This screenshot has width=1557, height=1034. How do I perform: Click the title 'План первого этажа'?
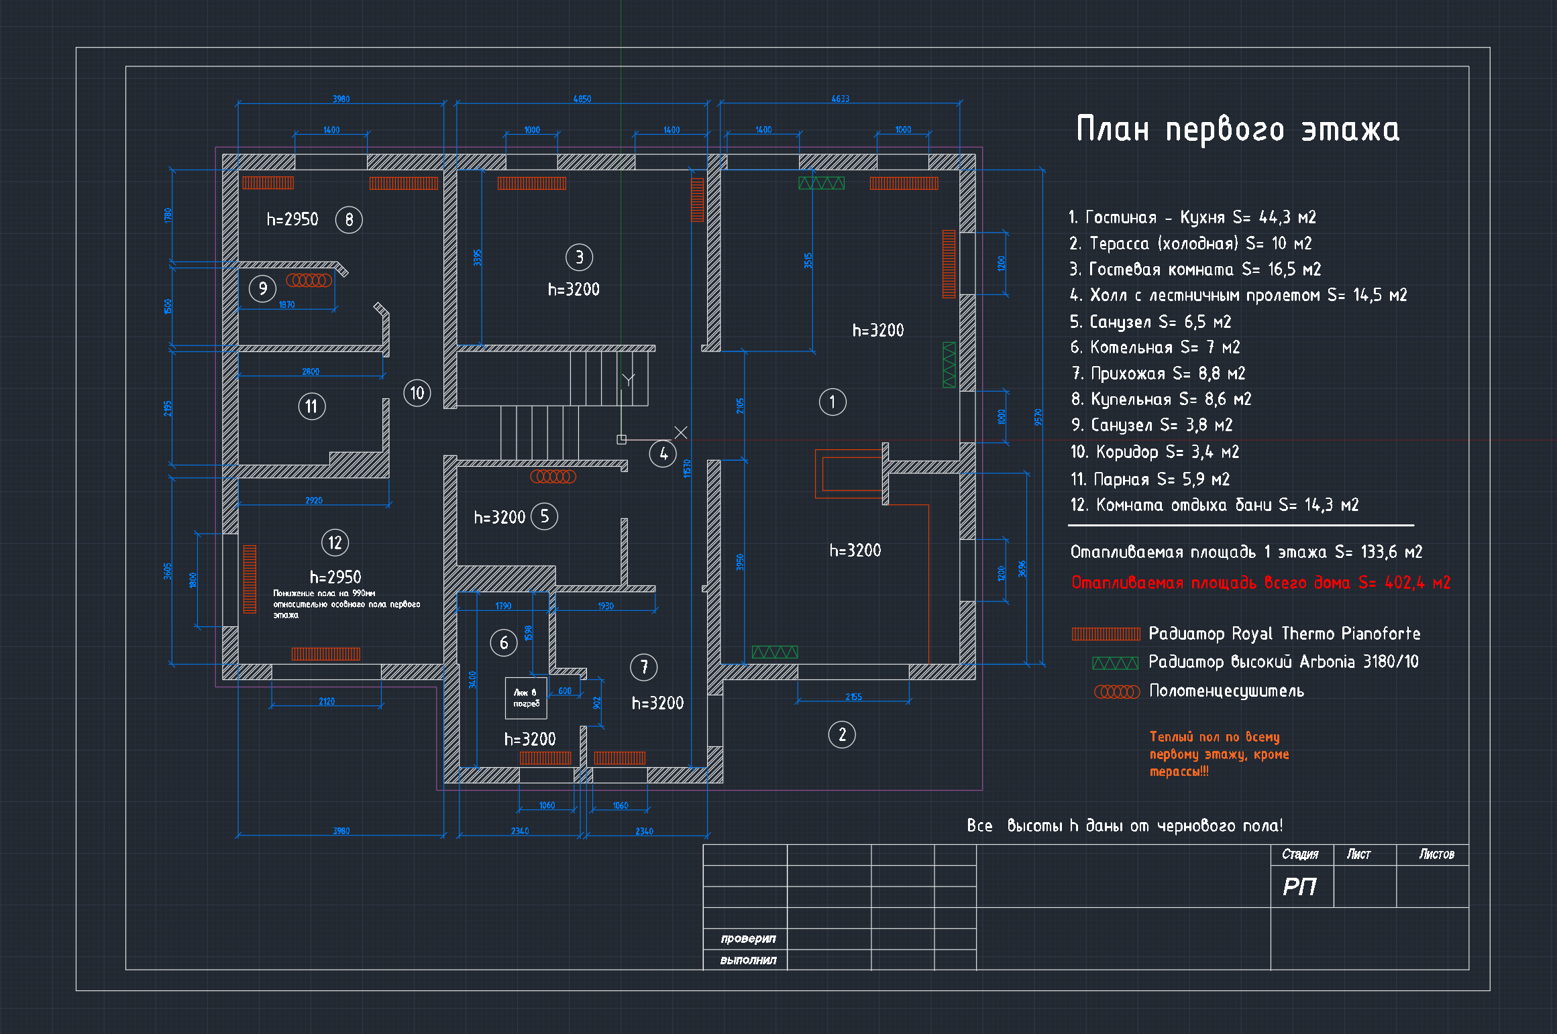[x=1238, y=129]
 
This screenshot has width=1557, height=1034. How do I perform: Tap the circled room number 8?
[x=349, y=219]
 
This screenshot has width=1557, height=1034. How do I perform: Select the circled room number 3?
[x=579, y=257]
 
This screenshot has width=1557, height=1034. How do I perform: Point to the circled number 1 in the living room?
[x=833, y=402]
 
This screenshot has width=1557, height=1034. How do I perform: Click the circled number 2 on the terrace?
[x=842, y=734]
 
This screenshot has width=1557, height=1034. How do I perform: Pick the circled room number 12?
[x=335, y=542]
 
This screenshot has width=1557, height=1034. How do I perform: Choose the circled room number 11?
[x=311, y=406]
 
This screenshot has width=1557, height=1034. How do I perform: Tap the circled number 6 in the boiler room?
[x=504, y=643]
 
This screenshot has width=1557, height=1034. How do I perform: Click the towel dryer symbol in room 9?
[x=309, y=280]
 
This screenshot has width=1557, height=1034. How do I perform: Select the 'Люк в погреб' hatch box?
[x=526, y=697]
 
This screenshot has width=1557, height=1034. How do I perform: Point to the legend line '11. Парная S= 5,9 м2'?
[x=1150, y=479]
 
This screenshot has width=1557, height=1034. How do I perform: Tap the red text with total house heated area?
[x=1260, y=582]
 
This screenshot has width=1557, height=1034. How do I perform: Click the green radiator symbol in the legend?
[x=1115, y=663]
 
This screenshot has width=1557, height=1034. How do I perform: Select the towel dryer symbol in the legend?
[x=1117, y=691]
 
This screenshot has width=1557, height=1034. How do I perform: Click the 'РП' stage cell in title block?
[x=1300, y=886]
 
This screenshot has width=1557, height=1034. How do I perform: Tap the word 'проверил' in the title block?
[x=748, y=938]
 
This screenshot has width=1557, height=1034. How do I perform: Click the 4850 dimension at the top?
[x=582, y=99]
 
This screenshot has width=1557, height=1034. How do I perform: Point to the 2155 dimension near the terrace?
[x=853, y=697]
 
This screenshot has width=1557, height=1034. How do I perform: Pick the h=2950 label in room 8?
[x=292, y=219]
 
